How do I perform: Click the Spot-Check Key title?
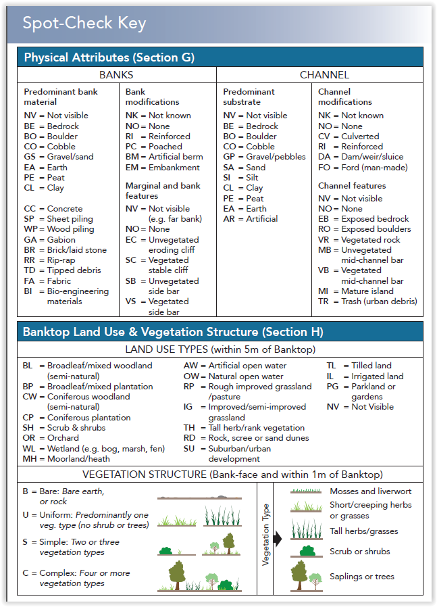click(x=84, y=23)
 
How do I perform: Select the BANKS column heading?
click(x=116, y=75)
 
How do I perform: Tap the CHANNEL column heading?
click(x=324, y=75)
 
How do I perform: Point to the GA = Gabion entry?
click(x=51, y=240)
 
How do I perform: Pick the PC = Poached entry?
click(x=153, y=147)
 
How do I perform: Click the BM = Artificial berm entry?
click(x=163, y=157)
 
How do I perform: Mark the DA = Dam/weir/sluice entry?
click(x=361, y=157)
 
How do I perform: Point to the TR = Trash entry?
click(x=367, y=301)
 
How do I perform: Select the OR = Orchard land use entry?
click(x=51, y=438)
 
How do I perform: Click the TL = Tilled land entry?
click(x=359, y=366)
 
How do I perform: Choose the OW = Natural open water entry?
click(x=233, y=377)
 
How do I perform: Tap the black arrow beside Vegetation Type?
click(x=278, y=539)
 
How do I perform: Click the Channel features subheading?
click(x=352, y=186)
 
